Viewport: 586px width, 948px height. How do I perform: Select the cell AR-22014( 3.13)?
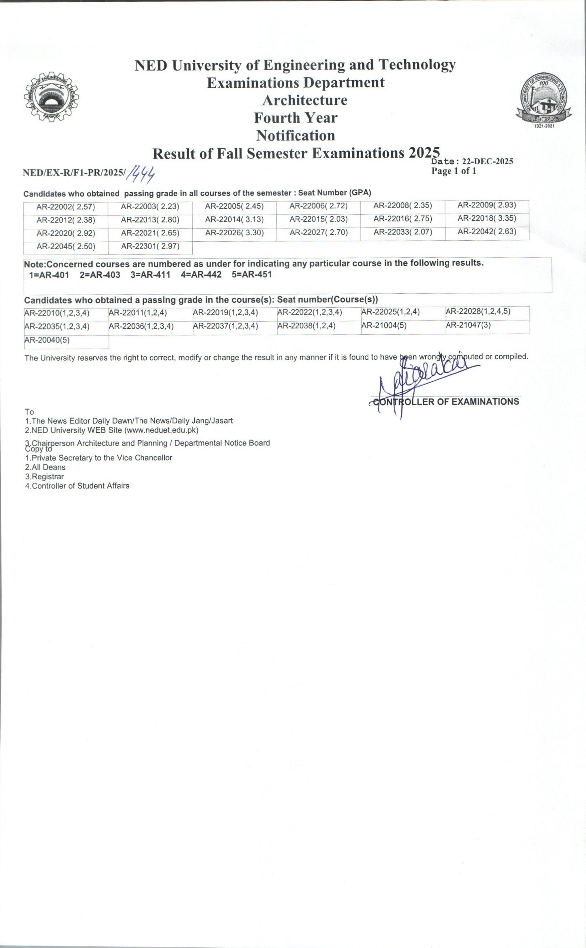pyautogui.click(x=234, y=220)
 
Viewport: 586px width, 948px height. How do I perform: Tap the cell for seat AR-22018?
pyautogui.click(x=487, y=219)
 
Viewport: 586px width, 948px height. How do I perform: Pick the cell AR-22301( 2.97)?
pyautogui.click(x=150, y=247)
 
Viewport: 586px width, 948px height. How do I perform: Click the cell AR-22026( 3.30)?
pyautogui.click(x=234, y=233)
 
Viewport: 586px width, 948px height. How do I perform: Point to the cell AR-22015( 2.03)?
pyautogui.click(x=318, y=219)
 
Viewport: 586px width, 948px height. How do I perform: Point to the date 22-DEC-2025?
pyautogui.click(x=487, y=162)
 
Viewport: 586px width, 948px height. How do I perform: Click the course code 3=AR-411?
pyautogui.click(x=150, y=275)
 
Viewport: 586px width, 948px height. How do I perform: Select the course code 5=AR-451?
pyautogui.click(x=251, y=275)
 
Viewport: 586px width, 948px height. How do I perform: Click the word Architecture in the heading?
pyautogui.click(x=305, y=100)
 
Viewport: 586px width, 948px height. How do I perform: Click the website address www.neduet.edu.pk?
pyautogui.click(x=161, y=430)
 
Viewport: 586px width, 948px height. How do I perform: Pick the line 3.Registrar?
pyautogui.click(x=44, y=477)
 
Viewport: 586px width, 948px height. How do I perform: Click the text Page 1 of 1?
pyautogui.click(x=453, y=171)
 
